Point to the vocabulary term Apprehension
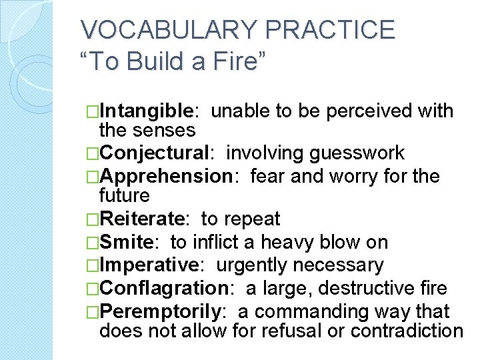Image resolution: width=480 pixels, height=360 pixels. [x=165, y=176]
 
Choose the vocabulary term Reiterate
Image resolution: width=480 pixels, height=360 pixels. [x=144, y=219]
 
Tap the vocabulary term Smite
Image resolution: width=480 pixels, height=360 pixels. [x=129, y=243]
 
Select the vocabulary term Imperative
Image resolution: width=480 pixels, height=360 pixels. [x=149, y=265]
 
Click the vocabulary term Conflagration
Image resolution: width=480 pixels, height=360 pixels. [x=163, y=289]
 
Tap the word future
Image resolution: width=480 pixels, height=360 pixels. [x=124, y=195]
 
